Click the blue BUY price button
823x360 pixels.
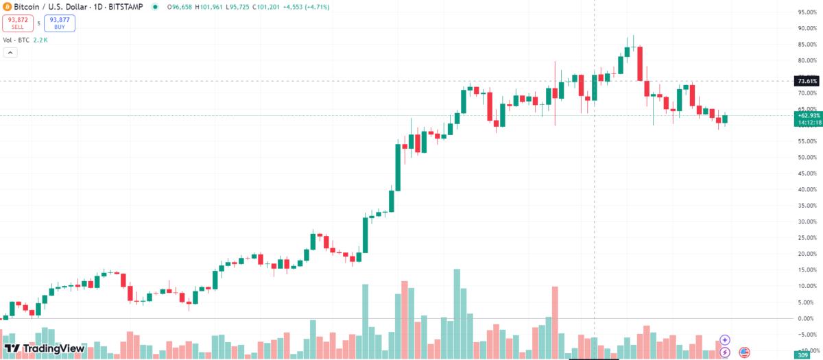pyautogui.click(x=59, y=23)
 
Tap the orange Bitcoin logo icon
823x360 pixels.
pyautogui.click(x=6, y=6)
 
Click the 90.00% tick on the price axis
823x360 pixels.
pyautogui.click(x=807, y=28)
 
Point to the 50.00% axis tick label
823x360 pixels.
pyautogui.click(x=807, y=157)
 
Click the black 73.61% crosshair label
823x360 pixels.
pyautogui.click(x=807, y=81)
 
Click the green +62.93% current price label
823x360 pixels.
pyautogui.click(x=807, y=115)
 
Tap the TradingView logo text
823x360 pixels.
pyautogui.click(x=45, y=348)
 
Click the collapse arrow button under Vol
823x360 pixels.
pyautogui.click(x=10, y=53)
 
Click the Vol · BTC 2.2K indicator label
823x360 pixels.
pyautogui.click(x=25, y=40)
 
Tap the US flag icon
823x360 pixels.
pyautogui.click(x=744, y=352)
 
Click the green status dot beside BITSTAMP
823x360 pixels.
pyautogui.click(x=156, y=7)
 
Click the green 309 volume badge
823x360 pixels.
pyautogui.click(x=802, y=355)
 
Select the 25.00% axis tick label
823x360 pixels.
pyautogui.click(x=807, y=237)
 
